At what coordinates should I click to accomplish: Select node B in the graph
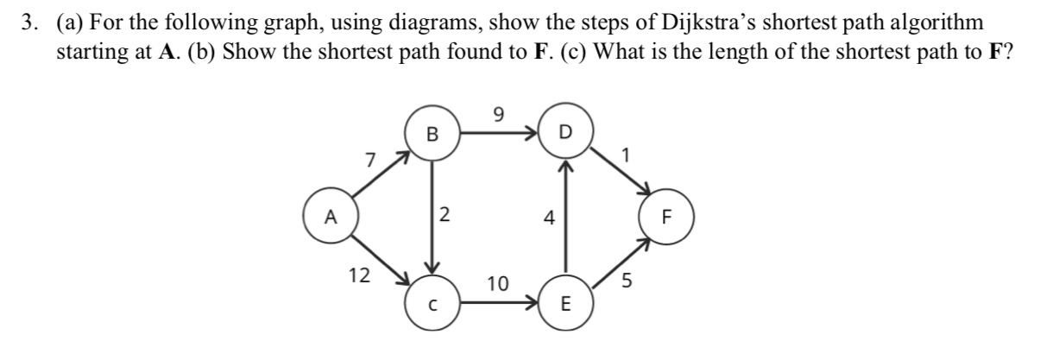pyautogui.click(x=432, y=134)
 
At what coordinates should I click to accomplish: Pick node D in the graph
pyautogui.click(x=564, y=134)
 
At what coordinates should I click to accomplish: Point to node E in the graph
pyautogui.click(x=564, y=304)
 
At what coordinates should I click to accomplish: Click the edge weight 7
pyautogui.click(x=369, y=160)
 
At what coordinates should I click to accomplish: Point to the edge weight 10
pyautogui.click(x=498, y=282)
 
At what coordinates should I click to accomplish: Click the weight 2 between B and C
pyautogui.click(x=444, y=216)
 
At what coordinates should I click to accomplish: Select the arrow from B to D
pyautogui.click(x=501, y=134)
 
